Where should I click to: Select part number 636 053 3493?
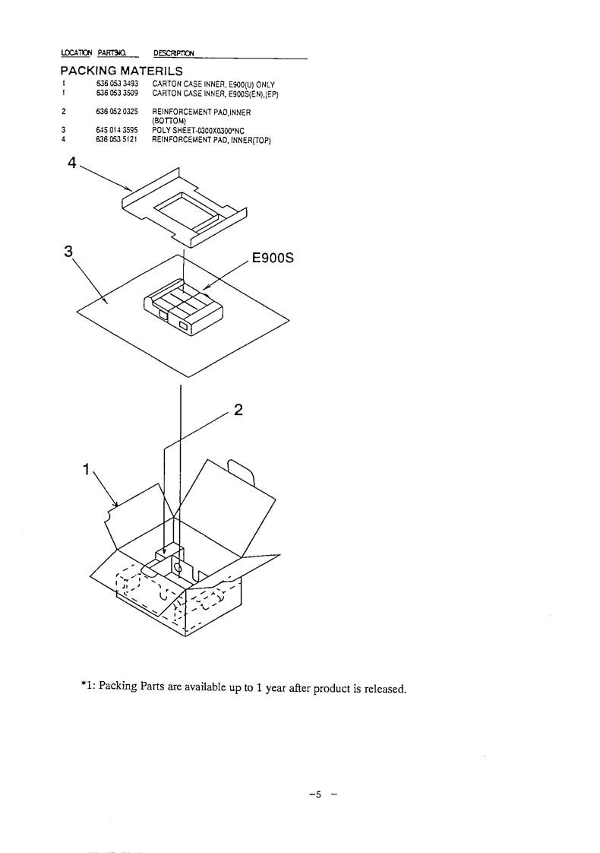point(118,83)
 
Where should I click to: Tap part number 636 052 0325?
point(118,111)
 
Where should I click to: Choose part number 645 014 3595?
point(118,130)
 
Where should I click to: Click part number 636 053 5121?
point(118,138)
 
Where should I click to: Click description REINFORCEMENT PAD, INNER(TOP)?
point(211,138)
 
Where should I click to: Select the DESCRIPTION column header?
point(173,52)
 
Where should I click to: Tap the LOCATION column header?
point(76,52)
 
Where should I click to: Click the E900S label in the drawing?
point(271,257)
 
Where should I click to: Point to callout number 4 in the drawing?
point(72,166)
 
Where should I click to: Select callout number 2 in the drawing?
point(238,410)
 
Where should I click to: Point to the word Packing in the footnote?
point(118,689)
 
